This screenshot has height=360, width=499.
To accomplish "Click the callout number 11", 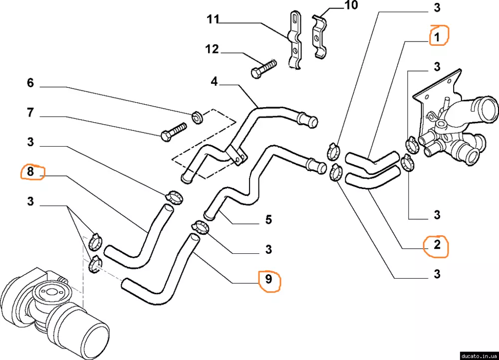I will point(213,20).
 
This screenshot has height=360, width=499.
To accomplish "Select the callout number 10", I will point(351,6).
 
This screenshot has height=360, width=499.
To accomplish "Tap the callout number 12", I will point(212,49).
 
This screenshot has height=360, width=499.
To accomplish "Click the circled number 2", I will point(437,245).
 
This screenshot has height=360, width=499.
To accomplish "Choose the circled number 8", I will point(30,173).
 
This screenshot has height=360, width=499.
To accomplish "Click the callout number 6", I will point(30,83).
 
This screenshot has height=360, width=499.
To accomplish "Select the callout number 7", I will point(30,113).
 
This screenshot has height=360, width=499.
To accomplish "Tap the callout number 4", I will point(214,81).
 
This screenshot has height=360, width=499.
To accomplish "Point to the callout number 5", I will point(268,219).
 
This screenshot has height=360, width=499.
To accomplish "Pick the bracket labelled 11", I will point(295,40).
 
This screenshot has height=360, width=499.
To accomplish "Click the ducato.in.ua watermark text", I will point(479,356).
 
